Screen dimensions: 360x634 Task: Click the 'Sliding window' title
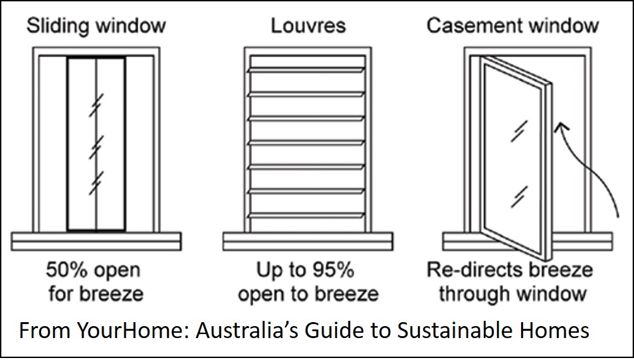96,27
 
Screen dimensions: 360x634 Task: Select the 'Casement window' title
512,27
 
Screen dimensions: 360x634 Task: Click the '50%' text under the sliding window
65,271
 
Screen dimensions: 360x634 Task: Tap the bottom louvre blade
308,215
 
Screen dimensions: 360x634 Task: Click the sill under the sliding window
96,240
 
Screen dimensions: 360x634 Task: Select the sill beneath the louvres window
308,240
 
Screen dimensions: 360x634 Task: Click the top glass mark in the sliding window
96,106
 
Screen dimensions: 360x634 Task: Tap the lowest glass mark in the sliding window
96,179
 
